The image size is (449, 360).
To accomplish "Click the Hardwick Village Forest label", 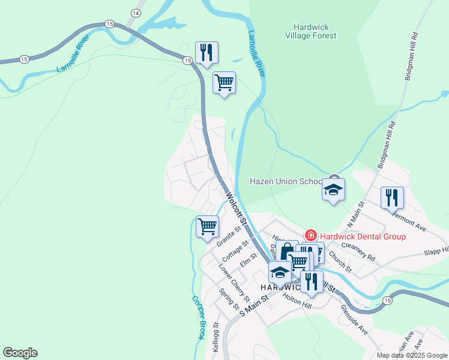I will point(315,31).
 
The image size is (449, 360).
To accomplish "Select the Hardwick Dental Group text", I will point(362,236).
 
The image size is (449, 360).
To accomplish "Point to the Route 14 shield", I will point(136,13).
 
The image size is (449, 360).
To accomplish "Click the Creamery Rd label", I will point(358,253).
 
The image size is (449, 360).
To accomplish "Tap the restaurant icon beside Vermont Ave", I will point(392,197).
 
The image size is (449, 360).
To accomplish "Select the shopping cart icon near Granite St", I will point(207,227).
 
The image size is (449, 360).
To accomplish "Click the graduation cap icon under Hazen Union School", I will point(334,190).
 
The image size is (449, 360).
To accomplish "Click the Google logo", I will point(20,353).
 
